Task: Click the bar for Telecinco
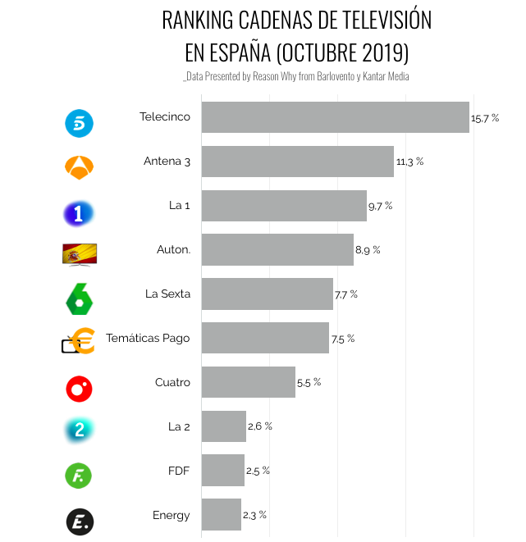click(335, 117)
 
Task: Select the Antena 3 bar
click(297, 162)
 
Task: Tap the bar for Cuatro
click(248, 382)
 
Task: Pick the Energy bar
click(221, 515)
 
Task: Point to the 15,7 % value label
click(485, 118)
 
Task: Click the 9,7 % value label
click(381, 206)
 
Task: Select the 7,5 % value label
click(343, 339)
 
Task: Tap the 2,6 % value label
click(260, 426)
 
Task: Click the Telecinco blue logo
click(79, 123)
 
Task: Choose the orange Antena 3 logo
click(79, 166)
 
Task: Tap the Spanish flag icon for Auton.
click(79, 254)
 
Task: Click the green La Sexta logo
click(79, 298)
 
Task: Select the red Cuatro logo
click(79, 388)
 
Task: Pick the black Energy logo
click(79, 522)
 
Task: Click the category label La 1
click(179, 206)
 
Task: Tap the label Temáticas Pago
click(148, 339)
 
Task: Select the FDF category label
click(178, 471)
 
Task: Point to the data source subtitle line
click(296, 76)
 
